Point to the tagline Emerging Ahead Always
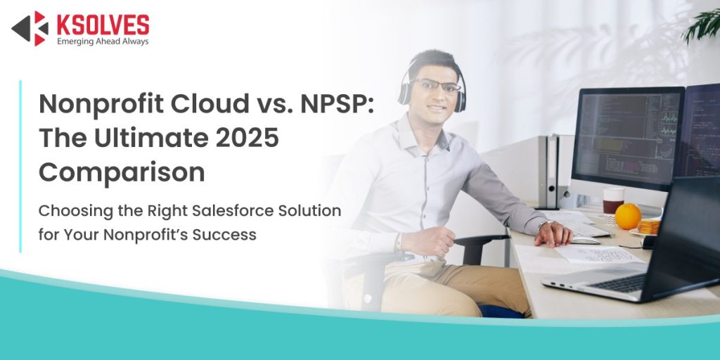[102, 41]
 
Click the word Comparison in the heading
[122, 172]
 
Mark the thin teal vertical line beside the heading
[20, 166]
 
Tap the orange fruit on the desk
[627, 216]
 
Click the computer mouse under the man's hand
[583, 240]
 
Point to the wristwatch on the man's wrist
[544, 224]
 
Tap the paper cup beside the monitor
[613, 200]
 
